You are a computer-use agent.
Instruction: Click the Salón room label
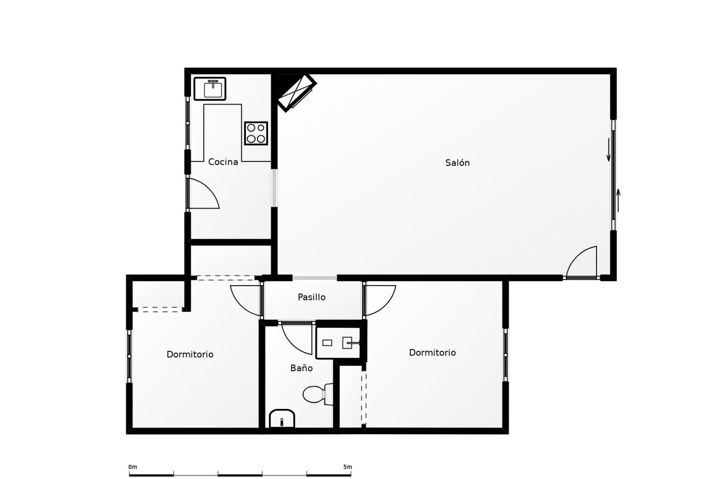click(457, 163)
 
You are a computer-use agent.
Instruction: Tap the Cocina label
click(223, 162)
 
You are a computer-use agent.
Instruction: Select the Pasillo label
click(312, 297)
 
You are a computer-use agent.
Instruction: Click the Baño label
click(301, 368)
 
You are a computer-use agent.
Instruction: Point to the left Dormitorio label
click(190, 354)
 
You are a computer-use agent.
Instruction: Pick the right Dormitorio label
click(432, 353)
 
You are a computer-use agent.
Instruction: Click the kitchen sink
click(210, 89)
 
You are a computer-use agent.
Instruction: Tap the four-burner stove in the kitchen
click(256, 133)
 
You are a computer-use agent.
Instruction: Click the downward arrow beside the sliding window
click(608, 150)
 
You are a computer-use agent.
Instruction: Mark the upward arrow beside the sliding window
click(618, 200)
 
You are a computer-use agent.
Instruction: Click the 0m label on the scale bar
click(133, 467)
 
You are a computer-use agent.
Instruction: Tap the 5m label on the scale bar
click(347, 467)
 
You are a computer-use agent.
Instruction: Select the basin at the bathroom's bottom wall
click(282, 418)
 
